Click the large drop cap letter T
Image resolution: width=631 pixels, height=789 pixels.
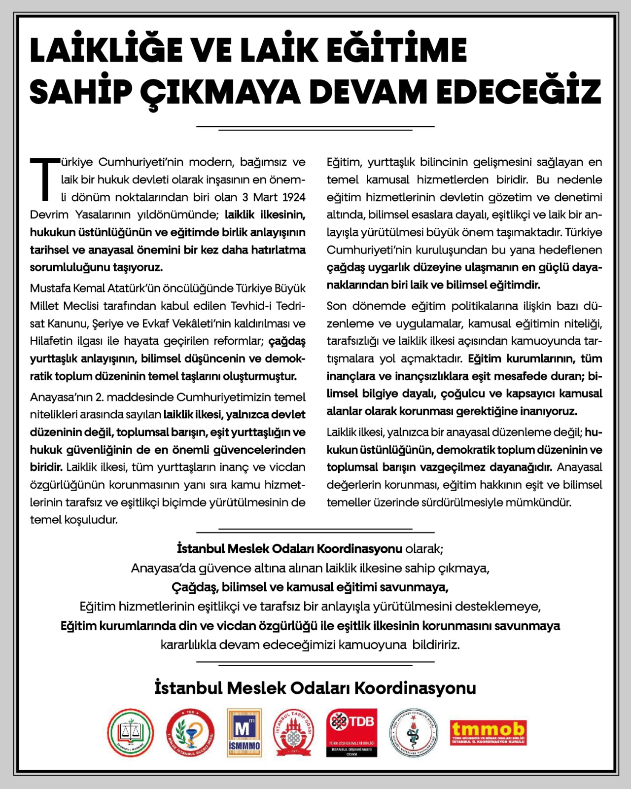pos(44,179)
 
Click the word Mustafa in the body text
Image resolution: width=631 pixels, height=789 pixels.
pos(50,288)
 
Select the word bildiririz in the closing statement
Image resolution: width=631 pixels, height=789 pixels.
pos(436,645)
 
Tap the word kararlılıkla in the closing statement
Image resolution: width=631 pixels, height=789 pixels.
pos(188,645)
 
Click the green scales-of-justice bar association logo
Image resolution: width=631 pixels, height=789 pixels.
pos(131,733)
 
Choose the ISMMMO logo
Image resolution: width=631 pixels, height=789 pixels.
pos(244,733)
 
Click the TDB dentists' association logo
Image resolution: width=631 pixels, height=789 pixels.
pos(351,733)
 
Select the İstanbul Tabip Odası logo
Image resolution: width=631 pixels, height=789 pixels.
pos(293,733)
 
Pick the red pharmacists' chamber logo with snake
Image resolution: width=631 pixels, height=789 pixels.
pos(190,733)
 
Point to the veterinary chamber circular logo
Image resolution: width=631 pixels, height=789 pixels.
pos(413,733)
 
